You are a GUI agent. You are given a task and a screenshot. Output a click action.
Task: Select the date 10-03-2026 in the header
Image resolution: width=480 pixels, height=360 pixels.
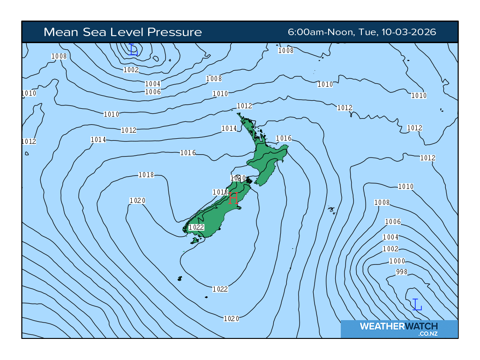point(409,32)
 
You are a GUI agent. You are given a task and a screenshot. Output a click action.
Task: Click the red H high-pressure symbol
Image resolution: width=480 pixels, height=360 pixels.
point(233,198)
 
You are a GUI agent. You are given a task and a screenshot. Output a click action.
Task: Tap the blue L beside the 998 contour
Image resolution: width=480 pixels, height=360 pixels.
point(417,305)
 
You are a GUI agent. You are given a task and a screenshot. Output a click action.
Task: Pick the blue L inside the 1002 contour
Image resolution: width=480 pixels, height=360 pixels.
point(133,49)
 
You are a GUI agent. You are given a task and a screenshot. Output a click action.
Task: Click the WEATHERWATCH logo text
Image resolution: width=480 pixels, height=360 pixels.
point(398,326)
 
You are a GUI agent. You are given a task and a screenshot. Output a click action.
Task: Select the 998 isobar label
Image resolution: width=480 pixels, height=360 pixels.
point(402,272)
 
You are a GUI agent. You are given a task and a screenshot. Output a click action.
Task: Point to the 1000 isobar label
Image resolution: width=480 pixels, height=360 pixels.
point(397,261)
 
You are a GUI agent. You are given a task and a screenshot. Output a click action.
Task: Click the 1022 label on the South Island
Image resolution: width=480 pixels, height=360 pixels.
point(196,227)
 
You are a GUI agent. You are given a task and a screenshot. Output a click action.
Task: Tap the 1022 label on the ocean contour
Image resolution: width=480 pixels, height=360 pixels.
point(220,289)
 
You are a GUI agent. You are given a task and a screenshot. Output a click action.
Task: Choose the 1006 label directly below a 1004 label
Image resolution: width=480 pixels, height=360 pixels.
point(153,92)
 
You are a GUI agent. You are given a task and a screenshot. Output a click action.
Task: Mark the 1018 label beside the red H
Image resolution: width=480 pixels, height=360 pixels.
point(220,192)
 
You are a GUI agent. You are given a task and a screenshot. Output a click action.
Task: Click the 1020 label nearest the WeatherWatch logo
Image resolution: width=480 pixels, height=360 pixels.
point(231,319)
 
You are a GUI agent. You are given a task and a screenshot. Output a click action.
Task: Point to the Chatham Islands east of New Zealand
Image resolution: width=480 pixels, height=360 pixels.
point(332,210)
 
